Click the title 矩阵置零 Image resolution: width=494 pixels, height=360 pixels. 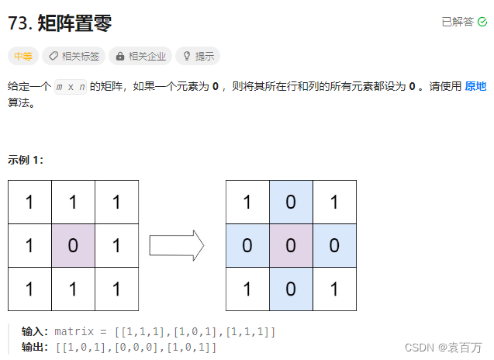[74, 23]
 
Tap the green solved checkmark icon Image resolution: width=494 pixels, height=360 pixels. [482, 22]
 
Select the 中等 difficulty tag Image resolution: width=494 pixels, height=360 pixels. [22, 56]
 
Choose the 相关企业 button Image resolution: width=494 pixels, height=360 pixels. [140, 56]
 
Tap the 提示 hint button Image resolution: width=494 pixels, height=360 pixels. [198, 56]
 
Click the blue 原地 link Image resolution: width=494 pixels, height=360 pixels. [475, 87]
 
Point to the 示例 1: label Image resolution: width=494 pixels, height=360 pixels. [26, 160]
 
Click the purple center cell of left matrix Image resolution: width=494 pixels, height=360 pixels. [73, 246]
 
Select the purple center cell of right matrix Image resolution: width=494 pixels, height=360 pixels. [291, 246]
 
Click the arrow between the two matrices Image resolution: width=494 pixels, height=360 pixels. [176, 246]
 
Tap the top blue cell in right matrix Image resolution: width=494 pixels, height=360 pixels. [291, 202]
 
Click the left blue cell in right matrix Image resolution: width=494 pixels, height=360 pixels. [247, 246]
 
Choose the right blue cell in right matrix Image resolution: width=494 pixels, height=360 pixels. [334, 246]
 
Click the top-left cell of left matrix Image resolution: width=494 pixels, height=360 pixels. [29, 202]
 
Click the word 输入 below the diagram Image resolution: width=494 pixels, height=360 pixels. [34, 331]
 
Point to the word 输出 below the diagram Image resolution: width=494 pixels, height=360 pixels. [34, 346]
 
